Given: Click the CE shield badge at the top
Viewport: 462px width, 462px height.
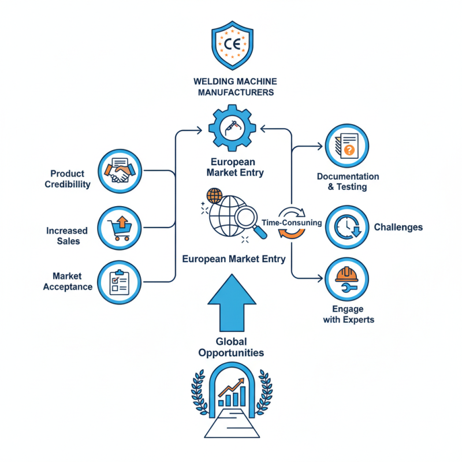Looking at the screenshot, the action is [x=233, y=45].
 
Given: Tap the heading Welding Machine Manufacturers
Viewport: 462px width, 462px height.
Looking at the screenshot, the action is [x=236, y=87].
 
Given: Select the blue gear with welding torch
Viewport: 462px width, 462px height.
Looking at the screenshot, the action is [x=232, y=128].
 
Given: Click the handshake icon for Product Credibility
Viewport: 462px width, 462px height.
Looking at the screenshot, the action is [x=120, y=171].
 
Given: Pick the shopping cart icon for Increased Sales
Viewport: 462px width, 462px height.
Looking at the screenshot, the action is [x=120, y=228].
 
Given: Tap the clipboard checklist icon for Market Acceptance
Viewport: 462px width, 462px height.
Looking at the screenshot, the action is [x=120, y=282].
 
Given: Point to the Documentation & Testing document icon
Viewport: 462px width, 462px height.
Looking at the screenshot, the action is [x=347, y=146].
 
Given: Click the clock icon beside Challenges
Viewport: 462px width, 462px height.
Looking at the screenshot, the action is [x=347, y=227].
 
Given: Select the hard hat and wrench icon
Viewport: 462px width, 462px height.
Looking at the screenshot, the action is [x=347, y=279].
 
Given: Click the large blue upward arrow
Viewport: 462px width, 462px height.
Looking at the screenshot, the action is [x=232, y=303].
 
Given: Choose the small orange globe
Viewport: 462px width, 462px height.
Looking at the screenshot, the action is [x=214, y=196].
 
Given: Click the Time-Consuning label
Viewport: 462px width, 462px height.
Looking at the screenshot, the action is [x=292, y=222].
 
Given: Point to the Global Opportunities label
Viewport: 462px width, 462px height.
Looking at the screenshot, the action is [x=232, y=347].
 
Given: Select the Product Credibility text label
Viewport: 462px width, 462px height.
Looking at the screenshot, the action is [x=68, y=179].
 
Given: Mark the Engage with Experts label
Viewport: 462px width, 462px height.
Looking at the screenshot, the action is [x=349, y=314].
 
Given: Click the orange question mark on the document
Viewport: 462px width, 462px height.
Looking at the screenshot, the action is [x=349, y=150].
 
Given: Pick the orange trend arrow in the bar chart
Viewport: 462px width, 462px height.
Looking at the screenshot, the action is [x=232, y=387].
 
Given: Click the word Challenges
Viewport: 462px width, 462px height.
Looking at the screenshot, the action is [x=398, y=227].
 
